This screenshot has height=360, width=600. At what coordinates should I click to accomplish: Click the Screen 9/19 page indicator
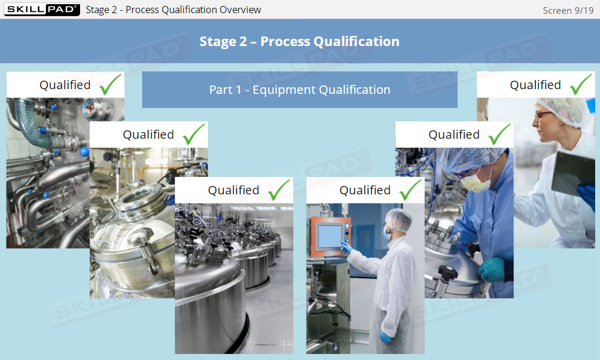[568, 10]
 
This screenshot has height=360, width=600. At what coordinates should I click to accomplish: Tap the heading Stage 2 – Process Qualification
[299, 41]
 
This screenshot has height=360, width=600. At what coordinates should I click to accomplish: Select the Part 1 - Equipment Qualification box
[299, 90]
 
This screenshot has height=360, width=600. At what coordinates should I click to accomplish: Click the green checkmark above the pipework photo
[111, 84]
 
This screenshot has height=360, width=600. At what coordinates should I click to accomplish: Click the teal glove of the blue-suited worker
[492, 270]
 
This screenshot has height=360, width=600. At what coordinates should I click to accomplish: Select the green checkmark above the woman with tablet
[580, 84]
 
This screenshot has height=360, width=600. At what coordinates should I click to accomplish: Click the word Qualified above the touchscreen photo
[365, 190]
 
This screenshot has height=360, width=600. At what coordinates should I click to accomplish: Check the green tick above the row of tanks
[279, 190]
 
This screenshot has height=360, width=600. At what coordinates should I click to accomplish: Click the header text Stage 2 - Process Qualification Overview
[173, 10]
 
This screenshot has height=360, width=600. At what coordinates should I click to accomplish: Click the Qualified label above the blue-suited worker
[454, 135]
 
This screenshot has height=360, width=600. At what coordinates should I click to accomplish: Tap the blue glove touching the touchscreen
[346, 246]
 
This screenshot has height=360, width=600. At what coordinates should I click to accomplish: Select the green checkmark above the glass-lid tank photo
[194, 135]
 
